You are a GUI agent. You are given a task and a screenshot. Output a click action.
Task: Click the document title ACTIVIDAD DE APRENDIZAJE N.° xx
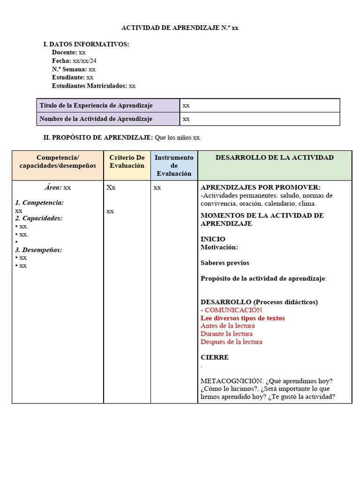pos(180,28)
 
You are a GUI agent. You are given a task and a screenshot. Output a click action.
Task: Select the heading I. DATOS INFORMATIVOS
pos(86,44)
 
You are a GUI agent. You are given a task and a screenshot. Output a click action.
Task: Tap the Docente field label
pos(64,52)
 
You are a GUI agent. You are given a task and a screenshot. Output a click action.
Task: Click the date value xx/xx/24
pos(85,61)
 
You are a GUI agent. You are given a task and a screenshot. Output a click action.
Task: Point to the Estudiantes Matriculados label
pos(89,86)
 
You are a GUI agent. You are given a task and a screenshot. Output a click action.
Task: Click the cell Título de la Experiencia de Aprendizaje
pos(96,105)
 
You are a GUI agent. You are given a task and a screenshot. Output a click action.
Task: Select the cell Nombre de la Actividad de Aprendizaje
pos(96,119)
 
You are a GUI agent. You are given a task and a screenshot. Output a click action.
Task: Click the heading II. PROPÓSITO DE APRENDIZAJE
pos(98,137)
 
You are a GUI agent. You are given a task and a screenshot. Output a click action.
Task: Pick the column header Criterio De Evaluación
pos(127,162)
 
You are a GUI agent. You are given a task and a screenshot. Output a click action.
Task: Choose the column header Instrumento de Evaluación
pos(174,165)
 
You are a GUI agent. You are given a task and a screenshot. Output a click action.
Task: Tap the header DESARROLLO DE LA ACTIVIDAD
pos(275,157)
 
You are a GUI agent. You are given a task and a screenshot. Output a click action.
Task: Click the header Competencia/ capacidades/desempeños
pos(58,162)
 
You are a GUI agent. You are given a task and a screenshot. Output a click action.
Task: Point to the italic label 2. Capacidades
pos(38,218)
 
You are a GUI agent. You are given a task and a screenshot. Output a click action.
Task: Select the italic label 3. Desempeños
pos(38,250)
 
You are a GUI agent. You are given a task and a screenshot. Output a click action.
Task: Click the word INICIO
pos(213,239)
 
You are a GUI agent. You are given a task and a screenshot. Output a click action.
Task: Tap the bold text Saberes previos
pos(225,263)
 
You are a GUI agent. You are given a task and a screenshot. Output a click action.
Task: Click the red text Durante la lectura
pos(226,334)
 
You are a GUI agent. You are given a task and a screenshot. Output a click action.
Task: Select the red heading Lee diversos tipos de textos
pos(242,318)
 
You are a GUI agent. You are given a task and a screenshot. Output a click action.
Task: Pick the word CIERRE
pos(215,357)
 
